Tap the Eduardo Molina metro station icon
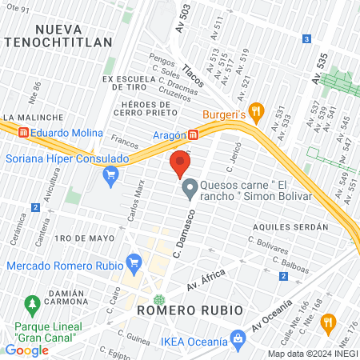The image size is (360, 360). [24, 133]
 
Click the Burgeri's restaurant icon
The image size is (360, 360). [257, 111]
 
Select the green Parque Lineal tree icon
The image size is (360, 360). [32, 305]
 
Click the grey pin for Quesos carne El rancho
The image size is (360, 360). [190, 190]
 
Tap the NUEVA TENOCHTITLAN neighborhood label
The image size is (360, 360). [75, 35]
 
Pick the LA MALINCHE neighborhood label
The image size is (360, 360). [27, 117]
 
